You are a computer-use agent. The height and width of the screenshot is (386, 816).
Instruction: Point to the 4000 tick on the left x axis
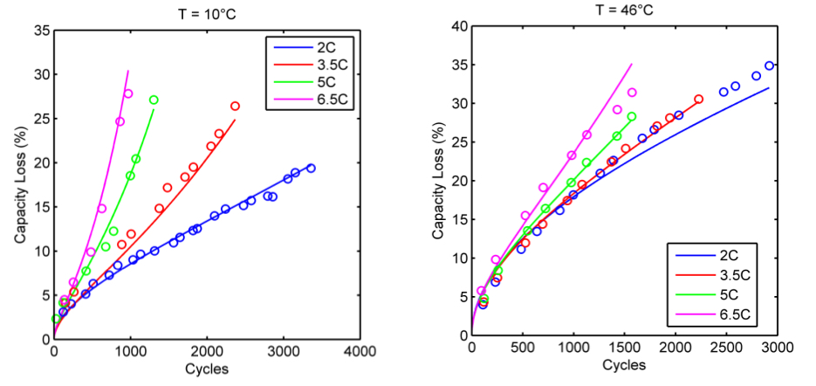[360, 351]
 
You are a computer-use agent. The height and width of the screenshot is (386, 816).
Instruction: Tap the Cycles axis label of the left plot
[207, 369]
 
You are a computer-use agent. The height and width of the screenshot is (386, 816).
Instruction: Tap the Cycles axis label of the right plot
[624, 364]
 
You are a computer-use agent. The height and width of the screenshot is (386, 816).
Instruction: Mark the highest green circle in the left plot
[154, 100]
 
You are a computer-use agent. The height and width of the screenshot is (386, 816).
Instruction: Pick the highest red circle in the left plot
[235, 107]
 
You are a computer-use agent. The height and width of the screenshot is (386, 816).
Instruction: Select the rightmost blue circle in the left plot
[311, 168]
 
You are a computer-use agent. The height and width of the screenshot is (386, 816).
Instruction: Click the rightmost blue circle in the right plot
[769, 65]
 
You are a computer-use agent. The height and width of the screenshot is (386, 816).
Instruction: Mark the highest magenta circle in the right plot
[632, 93]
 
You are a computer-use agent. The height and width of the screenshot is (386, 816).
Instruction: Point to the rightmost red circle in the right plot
[698, 100]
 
